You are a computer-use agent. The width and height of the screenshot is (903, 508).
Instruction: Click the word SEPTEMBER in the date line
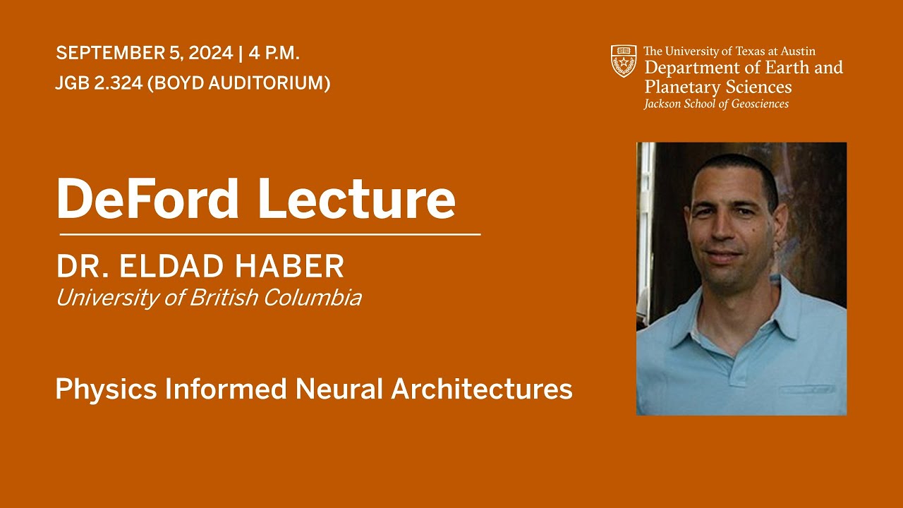point(111,53)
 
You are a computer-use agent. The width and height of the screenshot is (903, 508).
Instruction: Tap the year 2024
point(211,53)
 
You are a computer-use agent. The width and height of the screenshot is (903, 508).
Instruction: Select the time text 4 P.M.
point(274,53)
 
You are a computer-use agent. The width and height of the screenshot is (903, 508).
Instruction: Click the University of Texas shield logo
point(624,61)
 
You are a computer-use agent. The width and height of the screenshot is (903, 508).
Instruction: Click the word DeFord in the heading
point(147,199)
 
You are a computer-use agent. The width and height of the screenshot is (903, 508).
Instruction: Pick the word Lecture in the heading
point(357,199)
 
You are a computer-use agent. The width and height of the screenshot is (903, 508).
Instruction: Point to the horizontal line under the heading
point(270,234)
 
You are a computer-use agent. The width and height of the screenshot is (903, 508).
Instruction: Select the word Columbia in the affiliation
point(313,298)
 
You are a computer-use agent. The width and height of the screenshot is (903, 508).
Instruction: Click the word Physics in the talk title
point(106,389)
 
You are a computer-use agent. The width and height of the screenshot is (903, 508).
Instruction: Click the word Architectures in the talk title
point(482,389)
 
